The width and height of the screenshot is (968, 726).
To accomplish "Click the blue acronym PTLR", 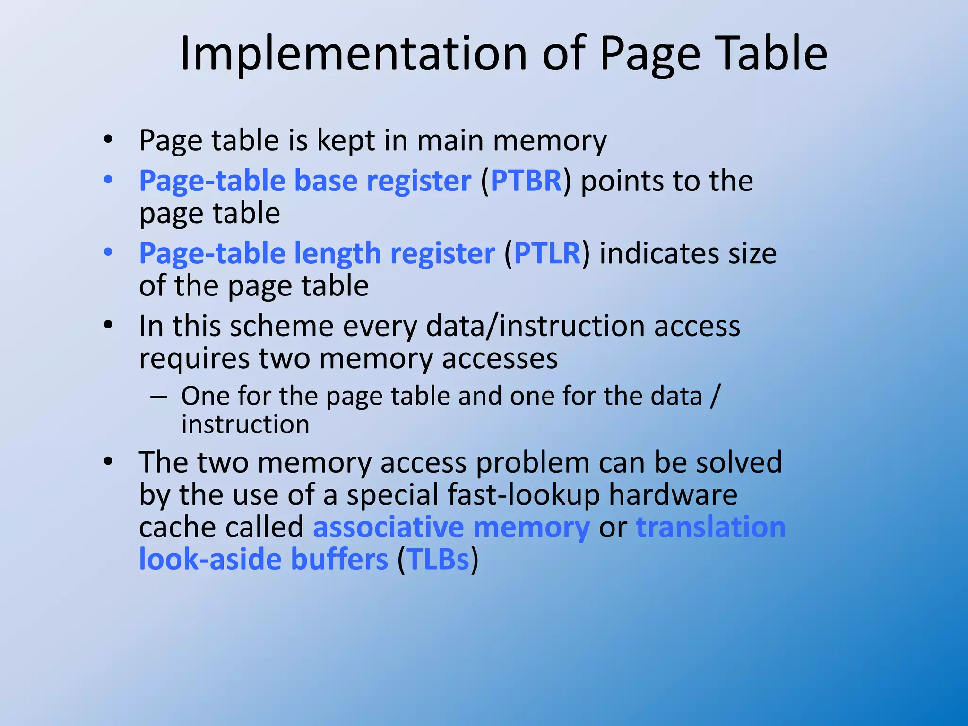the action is click(547, 253).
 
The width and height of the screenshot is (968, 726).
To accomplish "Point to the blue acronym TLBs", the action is click(438, 559).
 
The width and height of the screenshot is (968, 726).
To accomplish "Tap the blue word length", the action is click(337, 253).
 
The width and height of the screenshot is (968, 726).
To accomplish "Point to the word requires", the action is click(194, 359).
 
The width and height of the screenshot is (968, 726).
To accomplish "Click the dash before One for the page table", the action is click(158, 396).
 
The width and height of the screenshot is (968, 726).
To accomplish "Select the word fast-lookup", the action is click(523, 495).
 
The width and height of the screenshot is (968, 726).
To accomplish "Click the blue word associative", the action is click(389, 527).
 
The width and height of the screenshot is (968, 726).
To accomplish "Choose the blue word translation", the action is click(710, 527).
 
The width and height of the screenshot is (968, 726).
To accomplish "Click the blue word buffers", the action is click(339, 559).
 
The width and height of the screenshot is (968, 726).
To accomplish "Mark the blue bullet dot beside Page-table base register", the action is click(108, 180).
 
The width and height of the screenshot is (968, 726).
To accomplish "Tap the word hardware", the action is click(673, 495).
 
